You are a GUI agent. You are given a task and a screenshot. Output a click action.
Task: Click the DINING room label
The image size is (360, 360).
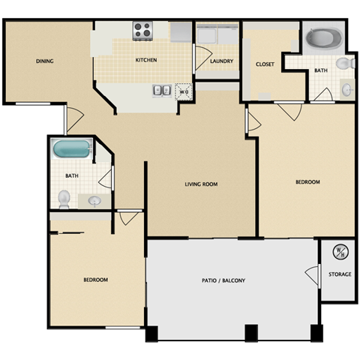tap(44, 61)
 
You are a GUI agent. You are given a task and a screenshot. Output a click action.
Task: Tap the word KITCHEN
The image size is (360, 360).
tap(145, 60)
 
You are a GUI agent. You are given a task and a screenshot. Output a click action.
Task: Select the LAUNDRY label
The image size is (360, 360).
tap(221, 61)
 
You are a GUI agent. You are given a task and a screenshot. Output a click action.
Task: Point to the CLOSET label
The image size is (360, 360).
tap(265, 64)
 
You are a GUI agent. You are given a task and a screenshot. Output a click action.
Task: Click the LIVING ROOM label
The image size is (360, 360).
tap(202, 184)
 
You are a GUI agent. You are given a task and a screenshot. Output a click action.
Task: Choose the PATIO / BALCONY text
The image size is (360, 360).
tap(223, 280)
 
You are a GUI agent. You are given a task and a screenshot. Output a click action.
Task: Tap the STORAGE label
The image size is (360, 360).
tap(340, 274)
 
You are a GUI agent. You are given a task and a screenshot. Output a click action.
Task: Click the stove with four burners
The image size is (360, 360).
tap(142, 31)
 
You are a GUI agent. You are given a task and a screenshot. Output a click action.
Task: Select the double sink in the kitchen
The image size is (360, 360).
tap(161, 91)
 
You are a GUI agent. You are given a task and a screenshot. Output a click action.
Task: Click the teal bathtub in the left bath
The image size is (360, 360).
tap(70, 149)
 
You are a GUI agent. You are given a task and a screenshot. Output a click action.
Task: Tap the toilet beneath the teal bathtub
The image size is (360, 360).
tap(64, 199)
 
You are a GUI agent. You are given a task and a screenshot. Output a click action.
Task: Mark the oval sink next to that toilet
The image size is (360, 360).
tap(94, 200)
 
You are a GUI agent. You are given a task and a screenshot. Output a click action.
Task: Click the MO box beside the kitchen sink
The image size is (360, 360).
tap(184, 91)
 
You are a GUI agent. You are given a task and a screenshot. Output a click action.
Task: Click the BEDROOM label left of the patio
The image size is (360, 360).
tap(95, 280)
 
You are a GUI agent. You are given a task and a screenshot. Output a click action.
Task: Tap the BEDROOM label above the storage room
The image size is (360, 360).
tap(307, 182)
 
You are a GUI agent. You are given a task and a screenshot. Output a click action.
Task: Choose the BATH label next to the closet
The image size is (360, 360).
tap(321, 70)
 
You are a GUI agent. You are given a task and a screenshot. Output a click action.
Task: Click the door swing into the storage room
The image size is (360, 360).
tap(313, 274)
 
